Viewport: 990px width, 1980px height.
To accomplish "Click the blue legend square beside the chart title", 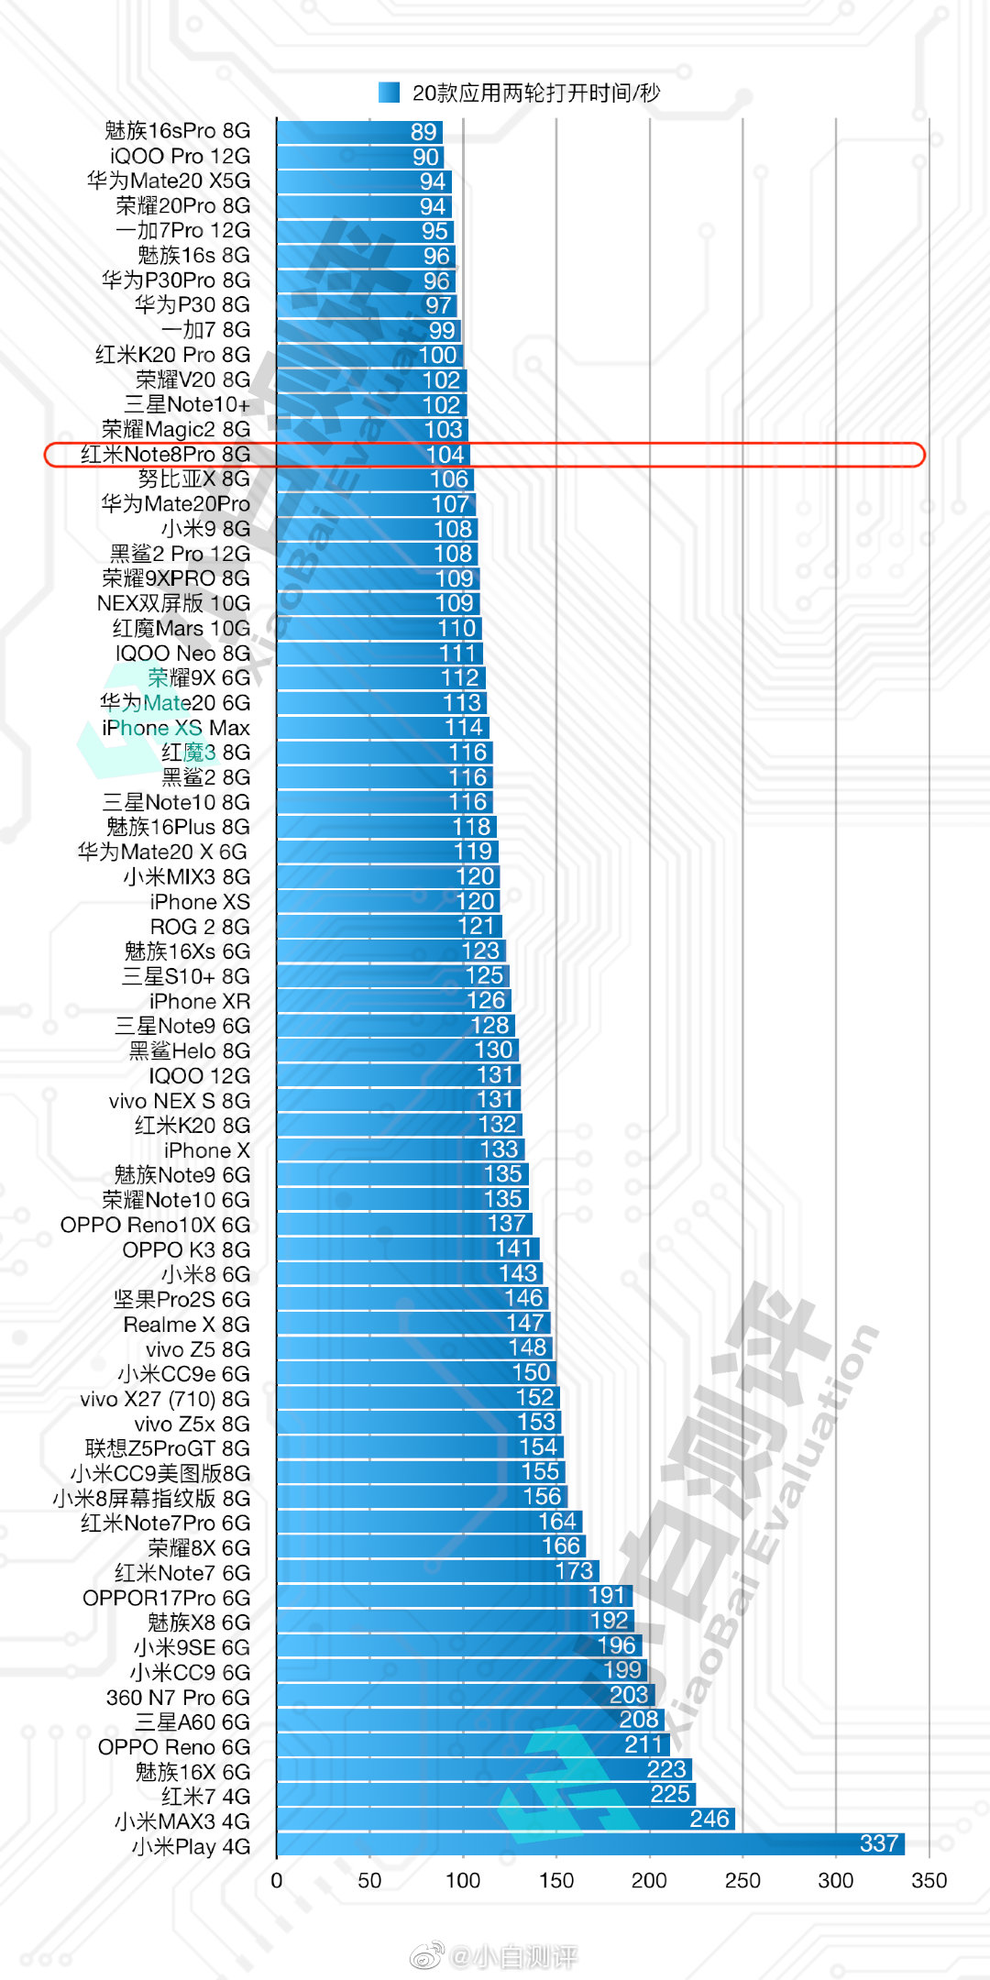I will [389, 93].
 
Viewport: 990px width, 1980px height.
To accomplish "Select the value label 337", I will [878, 1843].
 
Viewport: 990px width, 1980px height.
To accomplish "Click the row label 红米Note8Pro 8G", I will [165, 455].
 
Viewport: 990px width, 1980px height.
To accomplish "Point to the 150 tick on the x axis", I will [556, 1881].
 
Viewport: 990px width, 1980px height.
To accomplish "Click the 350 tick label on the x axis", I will [929, 1881].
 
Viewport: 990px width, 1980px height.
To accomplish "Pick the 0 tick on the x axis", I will [277, 1881].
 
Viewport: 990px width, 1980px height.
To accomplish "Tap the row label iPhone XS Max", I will [175, 728].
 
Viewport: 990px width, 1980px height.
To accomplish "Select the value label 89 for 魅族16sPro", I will [423, 132].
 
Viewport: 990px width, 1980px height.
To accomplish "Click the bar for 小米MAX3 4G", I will [504, 1820].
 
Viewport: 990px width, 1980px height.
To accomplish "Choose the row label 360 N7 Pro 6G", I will [178, 1698].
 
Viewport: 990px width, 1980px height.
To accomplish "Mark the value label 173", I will [574, 1571].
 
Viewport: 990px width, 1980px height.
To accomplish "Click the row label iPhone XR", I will [199, 1001].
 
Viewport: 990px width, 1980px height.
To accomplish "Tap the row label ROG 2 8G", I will [200, 927].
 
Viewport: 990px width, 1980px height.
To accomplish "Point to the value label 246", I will [709, 1819].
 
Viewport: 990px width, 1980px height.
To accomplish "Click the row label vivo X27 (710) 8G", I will [164, 1399].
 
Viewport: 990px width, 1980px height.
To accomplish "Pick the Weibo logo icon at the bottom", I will [427, 1956].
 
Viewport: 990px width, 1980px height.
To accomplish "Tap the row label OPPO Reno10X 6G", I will [155, 1225].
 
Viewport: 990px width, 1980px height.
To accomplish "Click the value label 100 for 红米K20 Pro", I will [437, 355].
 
